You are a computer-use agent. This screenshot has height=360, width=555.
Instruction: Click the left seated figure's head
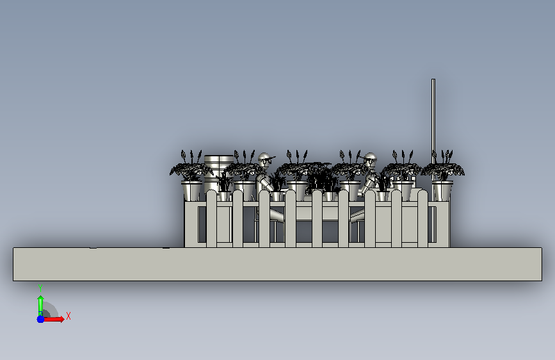pos(264,160)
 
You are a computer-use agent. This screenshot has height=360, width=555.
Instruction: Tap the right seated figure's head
pos(370,160)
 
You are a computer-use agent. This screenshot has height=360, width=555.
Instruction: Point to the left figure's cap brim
pos(271,158)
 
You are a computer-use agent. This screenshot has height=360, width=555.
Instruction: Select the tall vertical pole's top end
pos(433,79)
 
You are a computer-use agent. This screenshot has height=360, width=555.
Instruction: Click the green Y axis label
pos(40,288)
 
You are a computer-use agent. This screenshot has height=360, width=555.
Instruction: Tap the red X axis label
pos(68,316)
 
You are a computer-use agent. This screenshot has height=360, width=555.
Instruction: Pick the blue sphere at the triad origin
pos(41,319)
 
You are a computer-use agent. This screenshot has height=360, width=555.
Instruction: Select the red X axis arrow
pos(53,319)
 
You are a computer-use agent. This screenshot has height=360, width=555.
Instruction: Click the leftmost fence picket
pos(211,218)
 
